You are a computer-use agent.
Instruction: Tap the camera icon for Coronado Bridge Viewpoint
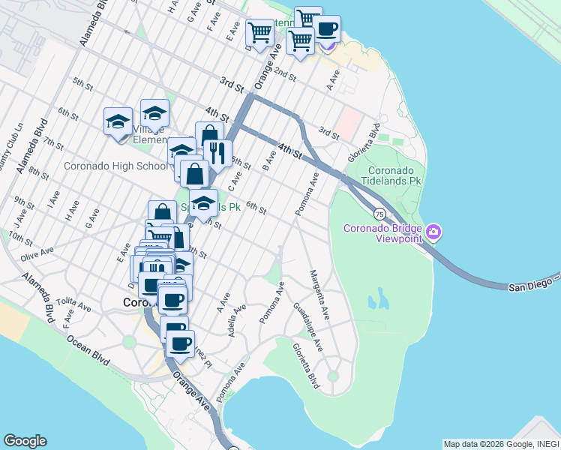click(433, 233)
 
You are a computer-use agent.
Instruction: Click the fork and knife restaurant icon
click(217, 154)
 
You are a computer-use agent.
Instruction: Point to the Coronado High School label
click(115, 166)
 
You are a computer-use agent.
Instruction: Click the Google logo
click(25, 441)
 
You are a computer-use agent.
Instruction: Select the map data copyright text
click(500, 444)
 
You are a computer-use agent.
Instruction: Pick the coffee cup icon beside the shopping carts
click(326, 29)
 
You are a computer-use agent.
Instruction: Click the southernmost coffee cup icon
click(180, 343)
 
